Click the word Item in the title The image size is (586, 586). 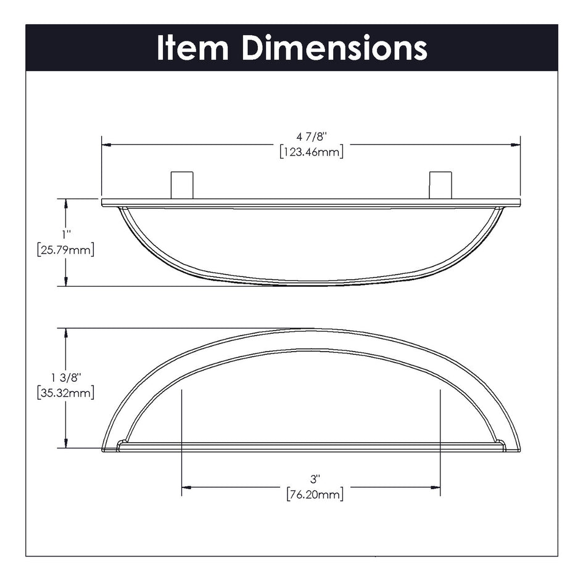click(x=192, y=47)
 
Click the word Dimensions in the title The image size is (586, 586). click(x=334, y=47)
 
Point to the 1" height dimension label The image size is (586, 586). click(x=66, y=234)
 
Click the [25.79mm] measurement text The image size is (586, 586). click(x=66, y=250)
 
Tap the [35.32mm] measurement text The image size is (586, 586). click(x=66, y=393)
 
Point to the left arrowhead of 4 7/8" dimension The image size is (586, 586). click(x=107, y=145)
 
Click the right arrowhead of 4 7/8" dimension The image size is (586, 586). click(x=515, y=145)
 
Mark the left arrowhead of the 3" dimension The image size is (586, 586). click(x=186, y=487)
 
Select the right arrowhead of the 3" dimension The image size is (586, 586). click(x=435, y=487)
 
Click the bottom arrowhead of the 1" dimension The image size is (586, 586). click(x=66, y=281)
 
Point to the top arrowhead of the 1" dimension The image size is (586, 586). click(x=66, y=204)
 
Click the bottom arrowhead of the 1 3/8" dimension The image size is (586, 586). click(x=66, y=444)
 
